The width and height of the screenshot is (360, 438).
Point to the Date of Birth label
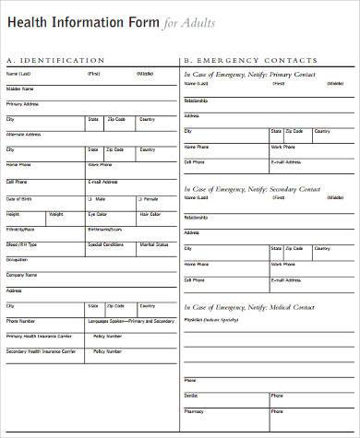(x=18, y=198)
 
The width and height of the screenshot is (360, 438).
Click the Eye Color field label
(x=98, y=213)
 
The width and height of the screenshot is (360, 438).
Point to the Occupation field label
(x=17, y=260)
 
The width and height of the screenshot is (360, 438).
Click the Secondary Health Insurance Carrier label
(x=41, y=350)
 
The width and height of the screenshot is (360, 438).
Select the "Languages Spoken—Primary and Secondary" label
(x=130, y=320)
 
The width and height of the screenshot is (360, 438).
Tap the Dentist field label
(x=191, y=394)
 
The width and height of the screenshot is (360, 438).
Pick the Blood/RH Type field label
(x=21, y=244)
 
